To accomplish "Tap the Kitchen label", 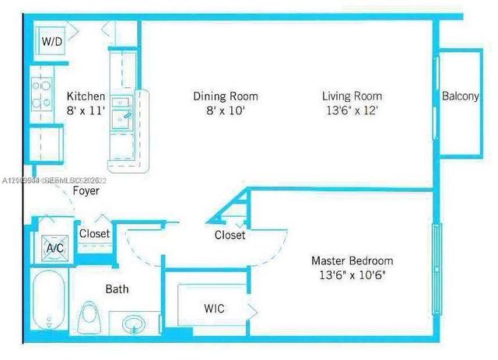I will (85, 96).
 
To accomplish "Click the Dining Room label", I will (225, 96).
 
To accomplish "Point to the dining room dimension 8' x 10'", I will (225, 110).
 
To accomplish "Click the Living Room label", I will (352, 96).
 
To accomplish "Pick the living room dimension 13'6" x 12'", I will (352, 110).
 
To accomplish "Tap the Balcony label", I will (460, 96).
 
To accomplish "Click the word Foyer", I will (86, 190).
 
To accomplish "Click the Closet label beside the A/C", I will (94, 233).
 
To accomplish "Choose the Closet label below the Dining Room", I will (230, 235).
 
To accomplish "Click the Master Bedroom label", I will (352, 260).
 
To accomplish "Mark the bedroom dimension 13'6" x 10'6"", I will (352, 274).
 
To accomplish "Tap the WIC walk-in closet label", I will (214, 309).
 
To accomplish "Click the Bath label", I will (117, 289).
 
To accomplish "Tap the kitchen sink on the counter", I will (123, 116).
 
